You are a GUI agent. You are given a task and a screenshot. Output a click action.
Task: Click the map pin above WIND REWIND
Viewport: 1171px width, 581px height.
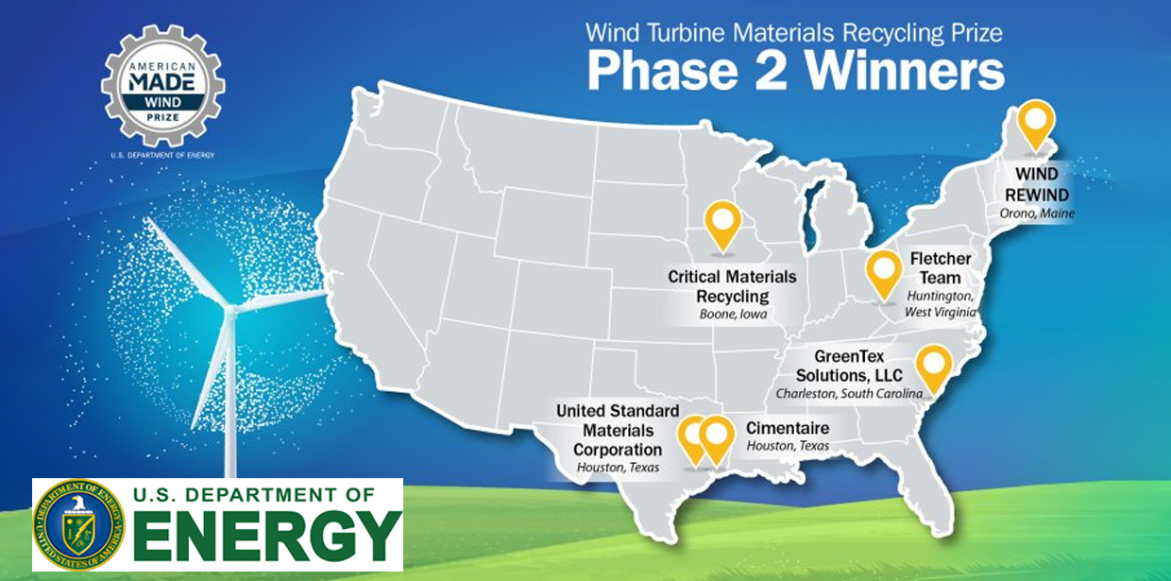(1036, 126)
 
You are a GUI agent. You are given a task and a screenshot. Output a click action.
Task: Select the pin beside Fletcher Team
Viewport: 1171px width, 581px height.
(884, 275)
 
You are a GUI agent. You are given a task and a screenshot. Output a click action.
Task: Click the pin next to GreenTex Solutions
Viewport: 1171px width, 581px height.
(934, 369)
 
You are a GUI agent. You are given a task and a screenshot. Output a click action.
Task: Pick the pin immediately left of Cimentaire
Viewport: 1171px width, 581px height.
(717, 440)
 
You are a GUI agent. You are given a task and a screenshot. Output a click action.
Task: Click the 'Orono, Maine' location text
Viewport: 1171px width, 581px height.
(1037, 214)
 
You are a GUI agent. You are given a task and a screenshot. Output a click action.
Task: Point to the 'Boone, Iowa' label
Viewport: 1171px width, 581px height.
(733, 315)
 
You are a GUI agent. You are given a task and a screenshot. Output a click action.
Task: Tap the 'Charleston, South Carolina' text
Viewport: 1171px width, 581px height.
(849, 394)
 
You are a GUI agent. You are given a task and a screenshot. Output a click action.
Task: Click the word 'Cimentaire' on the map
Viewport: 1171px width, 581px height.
(788, 428)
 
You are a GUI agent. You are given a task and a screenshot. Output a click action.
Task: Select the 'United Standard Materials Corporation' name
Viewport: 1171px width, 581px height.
(618, 430)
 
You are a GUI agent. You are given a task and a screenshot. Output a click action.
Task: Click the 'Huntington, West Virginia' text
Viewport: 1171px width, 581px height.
(940, 304)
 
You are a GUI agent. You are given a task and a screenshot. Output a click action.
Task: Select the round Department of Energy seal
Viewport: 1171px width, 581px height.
(79, 524)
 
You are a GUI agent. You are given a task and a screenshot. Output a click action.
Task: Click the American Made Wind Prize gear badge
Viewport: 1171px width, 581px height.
(162, 85)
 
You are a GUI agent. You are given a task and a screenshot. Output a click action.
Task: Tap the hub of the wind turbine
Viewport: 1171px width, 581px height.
(230, 310)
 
